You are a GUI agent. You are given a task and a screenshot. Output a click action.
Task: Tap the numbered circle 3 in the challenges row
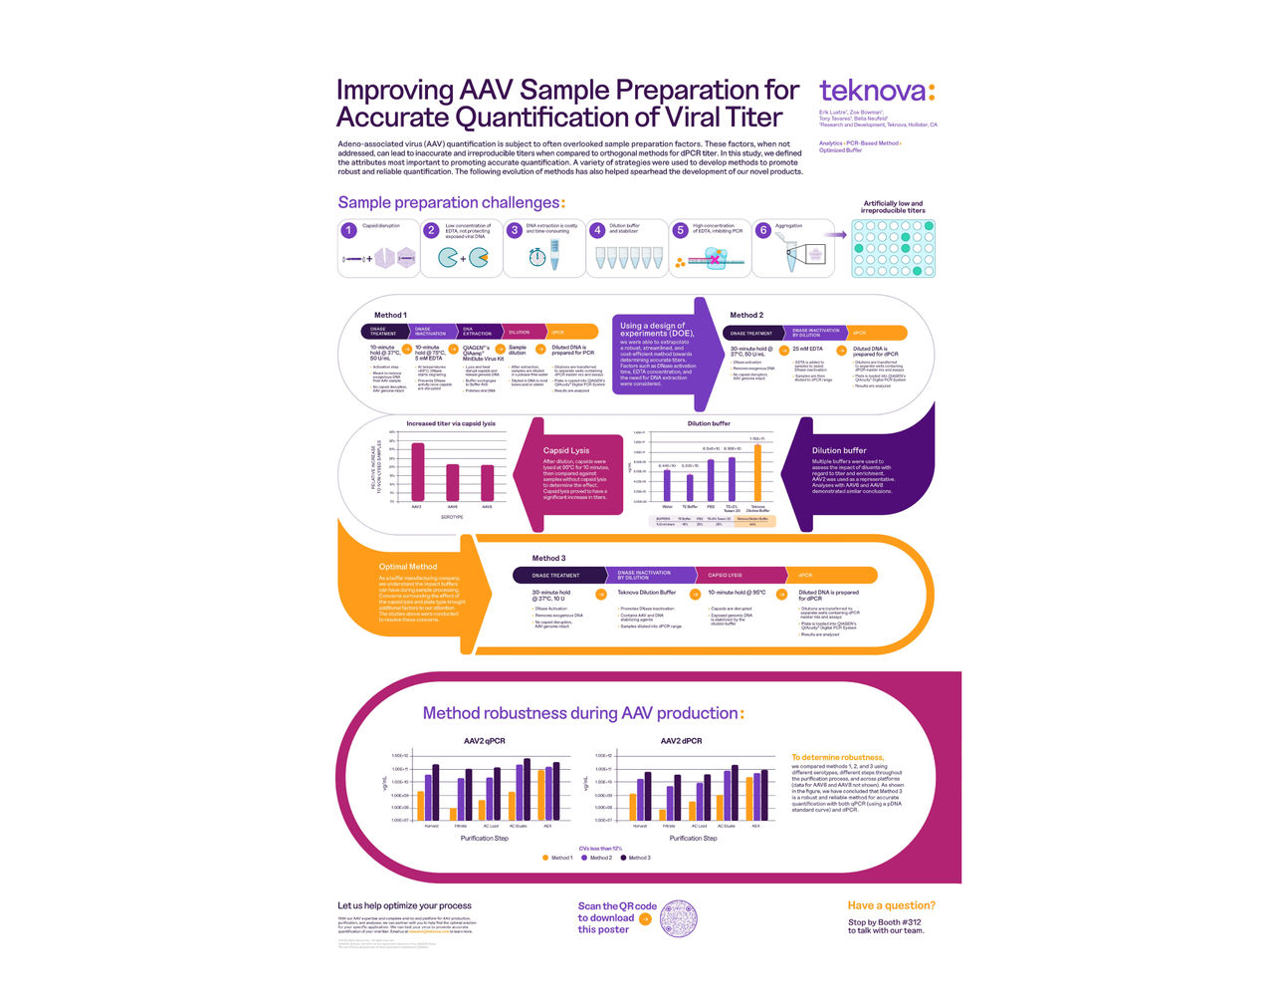coord(515,230)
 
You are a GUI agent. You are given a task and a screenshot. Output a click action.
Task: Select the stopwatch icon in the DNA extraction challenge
coord(536,257)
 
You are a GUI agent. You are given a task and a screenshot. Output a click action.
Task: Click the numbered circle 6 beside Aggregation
coord(763,230)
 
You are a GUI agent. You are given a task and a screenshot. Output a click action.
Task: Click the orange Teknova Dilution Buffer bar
coord(757,473)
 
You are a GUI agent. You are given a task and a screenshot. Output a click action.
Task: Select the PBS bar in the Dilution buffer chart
coord(711,480)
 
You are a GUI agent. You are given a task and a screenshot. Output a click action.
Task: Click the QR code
coord(678,917)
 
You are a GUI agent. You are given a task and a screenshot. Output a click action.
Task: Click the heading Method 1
coord(390,315)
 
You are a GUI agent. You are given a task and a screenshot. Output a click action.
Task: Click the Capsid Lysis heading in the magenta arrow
coord(565,450)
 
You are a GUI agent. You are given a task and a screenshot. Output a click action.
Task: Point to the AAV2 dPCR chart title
coord(681,741)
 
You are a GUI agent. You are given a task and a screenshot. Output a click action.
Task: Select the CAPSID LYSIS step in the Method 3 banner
coord(725,575)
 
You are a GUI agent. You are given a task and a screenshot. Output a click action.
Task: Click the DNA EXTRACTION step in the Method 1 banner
coord(477,332)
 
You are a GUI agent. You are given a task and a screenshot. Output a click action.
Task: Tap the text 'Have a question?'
coord(891,905)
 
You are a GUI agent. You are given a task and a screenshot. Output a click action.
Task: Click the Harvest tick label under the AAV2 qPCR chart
coord(431,826)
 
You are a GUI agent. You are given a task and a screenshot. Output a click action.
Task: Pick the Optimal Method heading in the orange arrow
coord(407,567)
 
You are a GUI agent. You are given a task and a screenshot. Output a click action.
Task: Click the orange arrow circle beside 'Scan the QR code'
coord(645,918)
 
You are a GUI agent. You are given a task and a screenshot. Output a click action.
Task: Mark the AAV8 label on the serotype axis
coord(487,507)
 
